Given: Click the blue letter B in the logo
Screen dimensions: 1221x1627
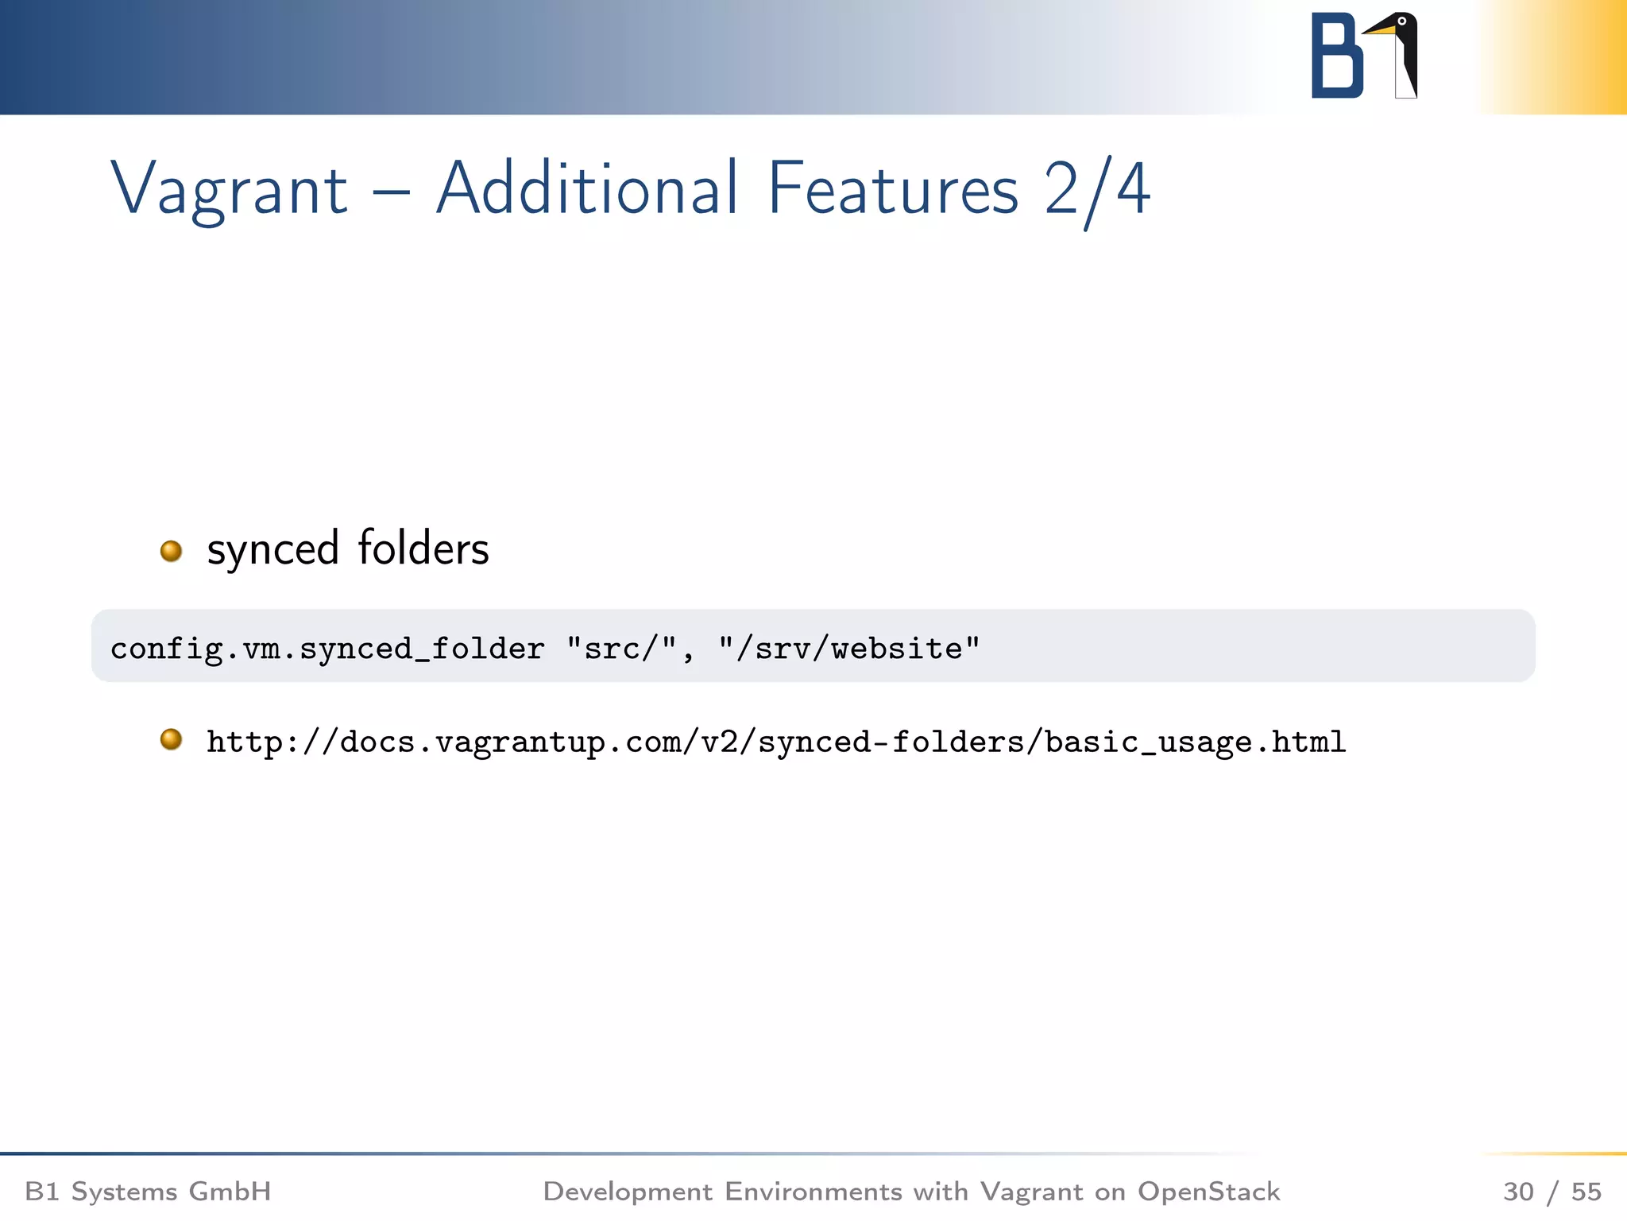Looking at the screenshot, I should (x=1336, y=56).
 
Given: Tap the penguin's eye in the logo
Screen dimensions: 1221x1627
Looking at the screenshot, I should (x=1402, y=21).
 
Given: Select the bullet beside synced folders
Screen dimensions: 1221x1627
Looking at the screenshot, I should (x=171, y=551).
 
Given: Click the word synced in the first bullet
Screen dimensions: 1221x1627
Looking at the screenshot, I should (x=272, y=549).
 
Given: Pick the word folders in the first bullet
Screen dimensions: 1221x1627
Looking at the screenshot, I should (x=423, y=548).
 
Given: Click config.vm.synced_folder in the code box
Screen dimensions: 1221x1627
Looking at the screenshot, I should (x=327, y=649).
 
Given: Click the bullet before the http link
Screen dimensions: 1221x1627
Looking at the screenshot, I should (x=171, y=740).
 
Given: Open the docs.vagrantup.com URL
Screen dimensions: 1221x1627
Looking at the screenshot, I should (x=775, y=742).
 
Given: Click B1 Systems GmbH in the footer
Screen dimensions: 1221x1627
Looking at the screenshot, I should (x=148, y=1191).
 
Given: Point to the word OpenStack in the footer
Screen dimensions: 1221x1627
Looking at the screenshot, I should (x=1208, y=1191).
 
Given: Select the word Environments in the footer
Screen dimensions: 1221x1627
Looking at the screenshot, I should (x=813, y=1191).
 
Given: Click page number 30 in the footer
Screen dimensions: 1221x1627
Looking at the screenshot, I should (x=1518, y=1191).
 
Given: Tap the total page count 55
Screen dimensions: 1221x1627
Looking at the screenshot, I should (x=1586, y=1191).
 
